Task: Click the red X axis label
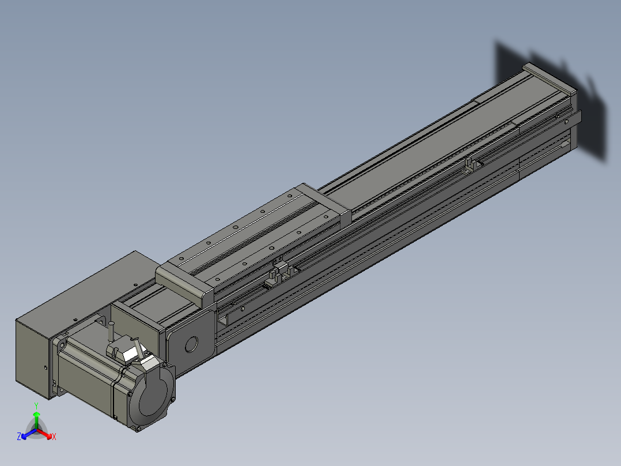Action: pyautogui.click(x=54, y=437)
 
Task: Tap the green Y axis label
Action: pyautogui.click(x=36, y=405)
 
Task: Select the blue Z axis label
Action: pyautogui.click(x=19, y=437)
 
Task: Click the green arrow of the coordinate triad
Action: pyautogui.click(x=36, y=420)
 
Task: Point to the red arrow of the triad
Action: pyautogui.click(x=44, y=433)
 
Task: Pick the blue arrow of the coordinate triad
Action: pyautogui.click(x=29, y=434)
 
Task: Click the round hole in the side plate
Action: pyautogui.click(x=191, y=344)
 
